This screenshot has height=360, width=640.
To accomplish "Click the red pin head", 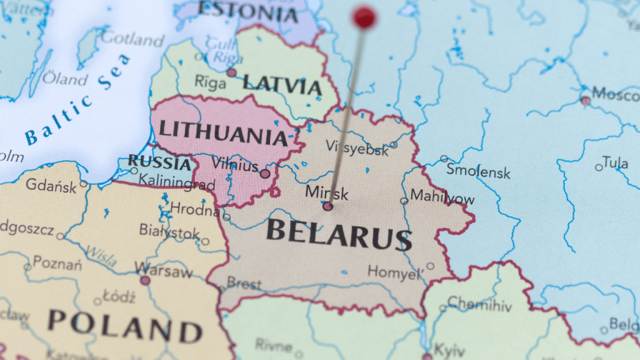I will point(364,17).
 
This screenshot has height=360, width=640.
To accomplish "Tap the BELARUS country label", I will point(339,234).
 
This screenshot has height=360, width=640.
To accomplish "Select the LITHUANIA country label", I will point(222,131).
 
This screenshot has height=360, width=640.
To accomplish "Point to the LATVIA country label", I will point(282,84).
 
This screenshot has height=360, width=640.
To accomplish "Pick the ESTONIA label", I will point(247,11).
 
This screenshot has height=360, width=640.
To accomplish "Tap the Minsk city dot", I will point(327,206).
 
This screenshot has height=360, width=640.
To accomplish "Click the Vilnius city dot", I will point(265,174).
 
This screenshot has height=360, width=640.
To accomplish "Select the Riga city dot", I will point(231,72).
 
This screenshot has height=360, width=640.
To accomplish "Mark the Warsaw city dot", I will point(145,281).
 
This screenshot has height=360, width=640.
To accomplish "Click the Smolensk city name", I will point(478,172).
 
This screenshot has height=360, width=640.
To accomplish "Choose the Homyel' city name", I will point(394,272).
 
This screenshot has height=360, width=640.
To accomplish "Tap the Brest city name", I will point(244,284).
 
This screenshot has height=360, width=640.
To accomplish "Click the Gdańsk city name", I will point(52,185).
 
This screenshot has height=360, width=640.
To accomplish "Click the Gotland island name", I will point(132,39).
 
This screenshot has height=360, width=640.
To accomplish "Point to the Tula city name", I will point(616,163).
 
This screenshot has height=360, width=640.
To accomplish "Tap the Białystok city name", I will point(169,232).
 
